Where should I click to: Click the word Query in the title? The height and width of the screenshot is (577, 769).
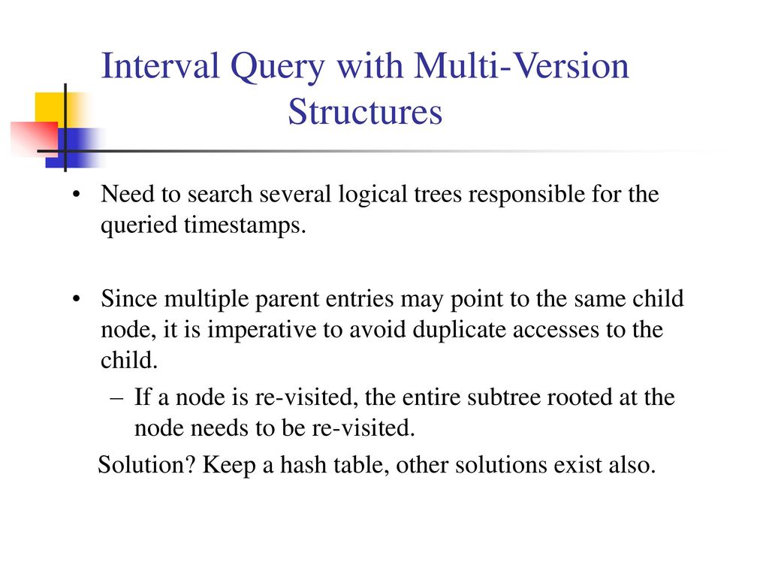tap(278, 67)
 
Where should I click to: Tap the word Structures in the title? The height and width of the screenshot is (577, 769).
tap(365, 112)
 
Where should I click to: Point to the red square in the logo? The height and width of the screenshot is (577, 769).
tap(35, 139)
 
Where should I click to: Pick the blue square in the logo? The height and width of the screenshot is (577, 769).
tap(76, 148)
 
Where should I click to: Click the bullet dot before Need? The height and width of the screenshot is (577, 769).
tap(76, 195)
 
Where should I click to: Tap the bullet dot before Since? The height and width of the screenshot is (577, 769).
tap(76, 299)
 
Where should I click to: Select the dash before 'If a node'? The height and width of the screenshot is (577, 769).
tap(116, 398)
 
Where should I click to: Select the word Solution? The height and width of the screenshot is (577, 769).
tap(146, 464)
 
